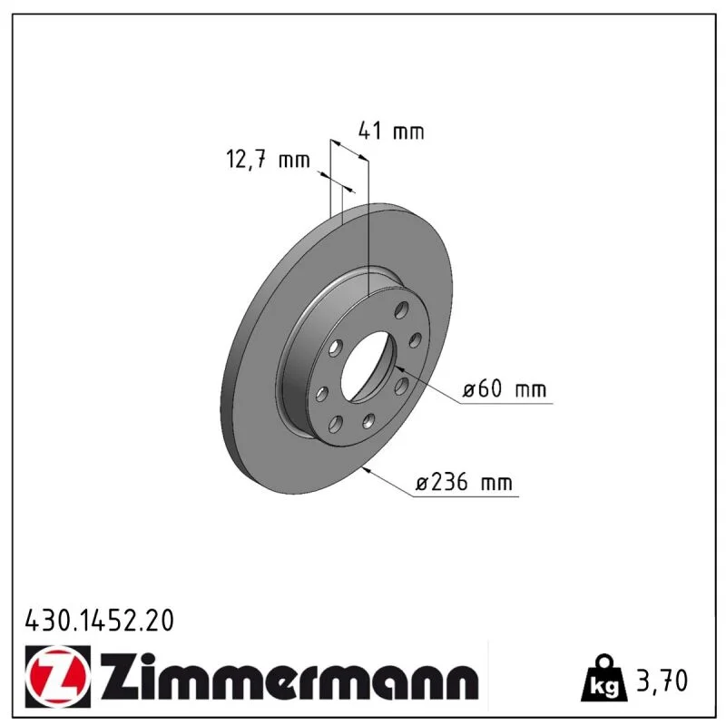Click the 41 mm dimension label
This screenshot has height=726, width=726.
391,131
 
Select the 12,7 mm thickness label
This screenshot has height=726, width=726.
268,160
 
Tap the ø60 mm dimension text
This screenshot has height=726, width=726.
505,388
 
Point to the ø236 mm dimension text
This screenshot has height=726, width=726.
465,483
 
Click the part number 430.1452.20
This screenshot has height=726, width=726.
100,621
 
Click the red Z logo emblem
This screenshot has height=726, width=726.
58,676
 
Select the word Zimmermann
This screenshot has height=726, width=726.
289,676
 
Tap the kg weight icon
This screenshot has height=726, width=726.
604,677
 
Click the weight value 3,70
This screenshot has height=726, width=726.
662,681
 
